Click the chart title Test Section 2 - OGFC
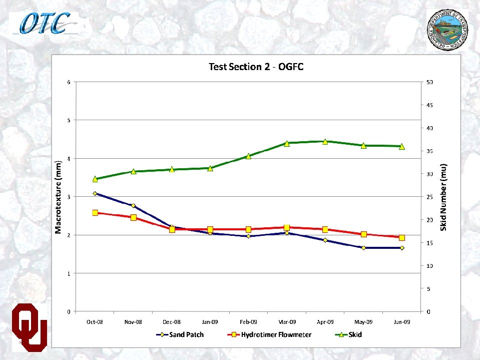coord(256,67)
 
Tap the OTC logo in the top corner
coord(45,23)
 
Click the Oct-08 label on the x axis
coord(95,322)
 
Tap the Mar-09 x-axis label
coord(286,322)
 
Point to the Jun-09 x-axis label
coord(401,322)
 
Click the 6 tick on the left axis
coord(69,82)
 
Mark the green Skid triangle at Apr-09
coord(325,142)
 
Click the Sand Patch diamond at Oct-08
coord(95,193)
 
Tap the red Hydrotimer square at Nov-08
coord(134,217)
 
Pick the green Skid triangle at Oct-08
coord(95,179)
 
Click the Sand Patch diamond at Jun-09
coord(402,248)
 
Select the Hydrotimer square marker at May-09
coord(363,234)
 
